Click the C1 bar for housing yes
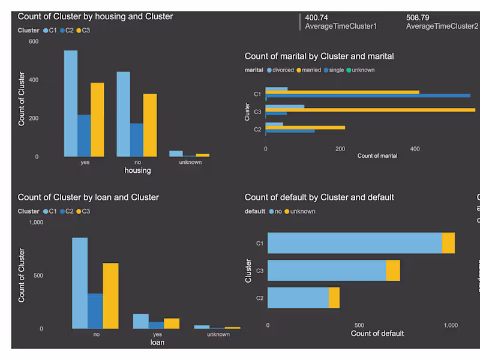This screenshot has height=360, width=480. (71, 103)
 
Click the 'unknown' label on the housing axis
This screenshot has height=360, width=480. (190, 162)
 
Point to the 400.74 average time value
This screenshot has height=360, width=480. (316, 18)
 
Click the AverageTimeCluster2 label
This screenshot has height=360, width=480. (442, 26)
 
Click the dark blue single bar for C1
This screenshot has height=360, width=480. (368, 95)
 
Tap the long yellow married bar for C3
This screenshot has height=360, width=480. (370, 110)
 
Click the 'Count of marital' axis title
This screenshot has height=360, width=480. (377, 156)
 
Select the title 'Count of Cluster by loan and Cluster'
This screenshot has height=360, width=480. (88, 197)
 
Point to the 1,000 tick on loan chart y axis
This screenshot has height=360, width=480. (36, 223)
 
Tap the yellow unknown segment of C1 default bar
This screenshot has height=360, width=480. (448, 243)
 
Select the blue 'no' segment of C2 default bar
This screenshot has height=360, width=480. (298, 298)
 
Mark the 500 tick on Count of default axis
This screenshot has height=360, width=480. (359, 325)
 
